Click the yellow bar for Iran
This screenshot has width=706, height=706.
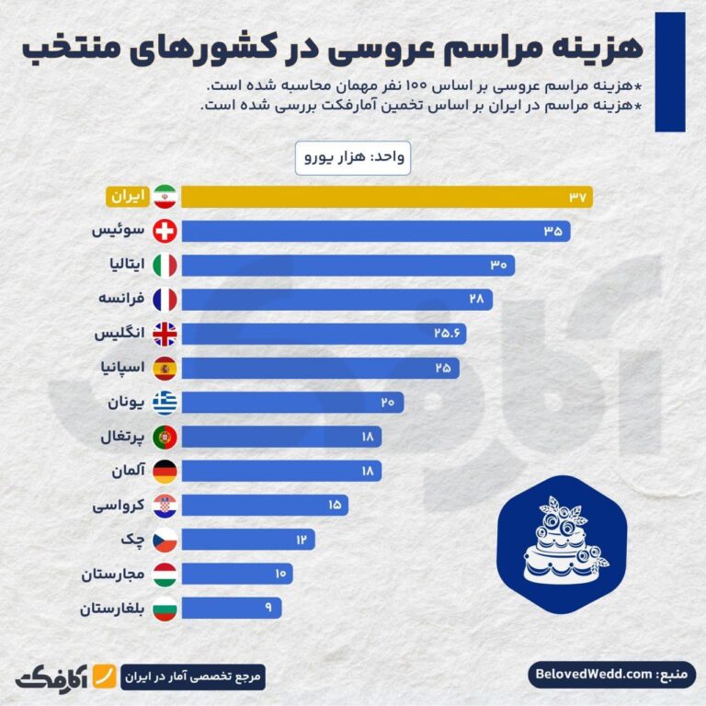386,196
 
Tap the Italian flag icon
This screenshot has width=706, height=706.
165,265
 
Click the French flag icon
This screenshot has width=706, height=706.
165,299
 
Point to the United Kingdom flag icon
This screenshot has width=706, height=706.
165,334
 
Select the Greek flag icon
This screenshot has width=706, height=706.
165,403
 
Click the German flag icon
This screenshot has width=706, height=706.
165,472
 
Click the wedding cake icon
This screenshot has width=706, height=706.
561,542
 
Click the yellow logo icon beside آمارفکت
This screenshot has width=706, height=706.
107,676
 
